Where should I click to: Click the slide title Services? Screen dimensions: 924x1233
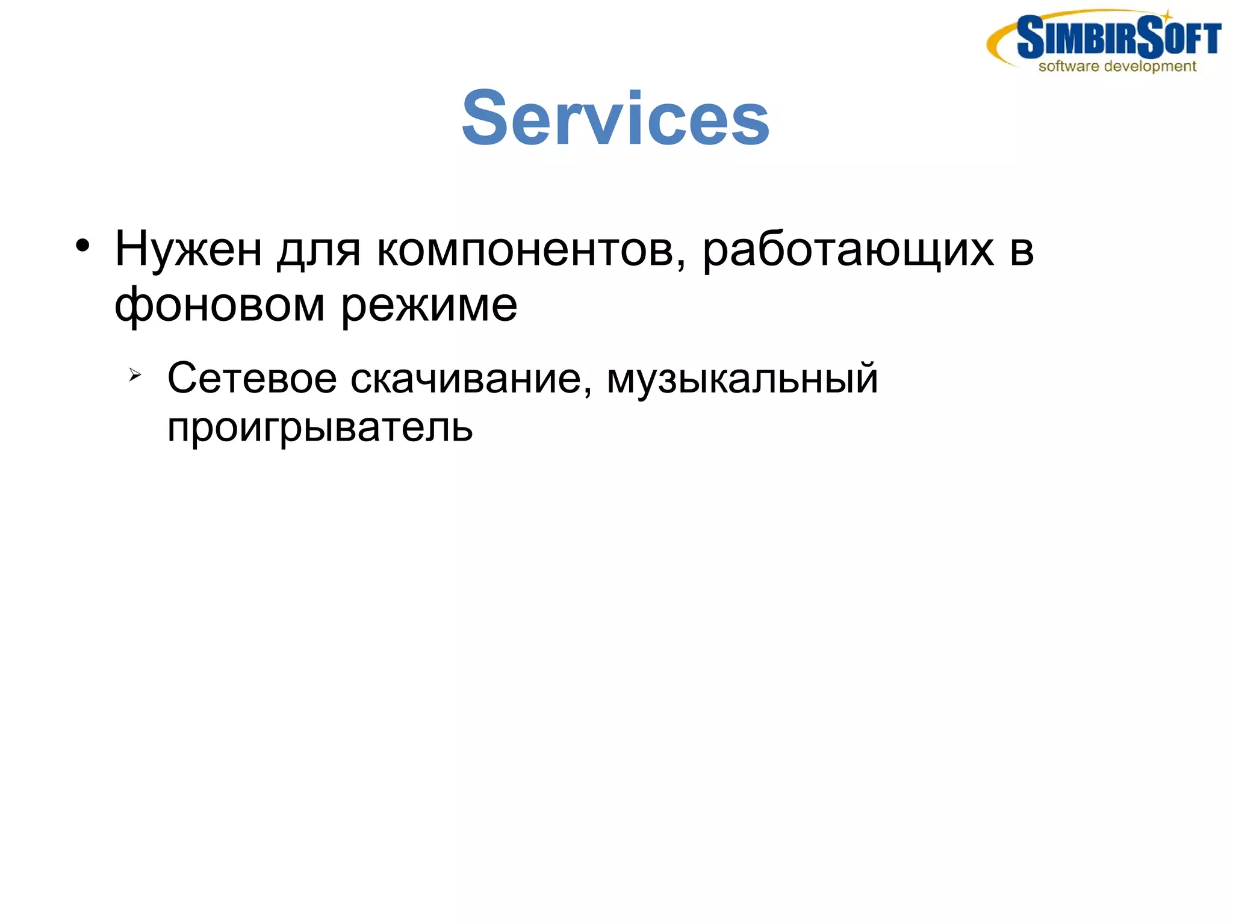(615, 117)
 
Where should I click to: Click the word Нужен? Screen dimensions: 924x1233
(188, 249)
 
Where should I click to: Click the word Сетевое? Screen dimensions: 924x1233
(252, 379)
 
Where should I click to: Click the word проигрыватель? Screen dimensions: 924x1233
(320, 428)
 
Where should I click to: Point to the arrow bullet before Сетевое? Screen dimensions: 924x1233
(134, 376)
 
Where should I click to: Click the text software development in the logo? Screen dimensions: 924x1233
(1117, 66)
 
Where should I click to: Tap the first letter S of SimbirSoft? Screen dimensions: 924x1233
(1029, 37)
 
